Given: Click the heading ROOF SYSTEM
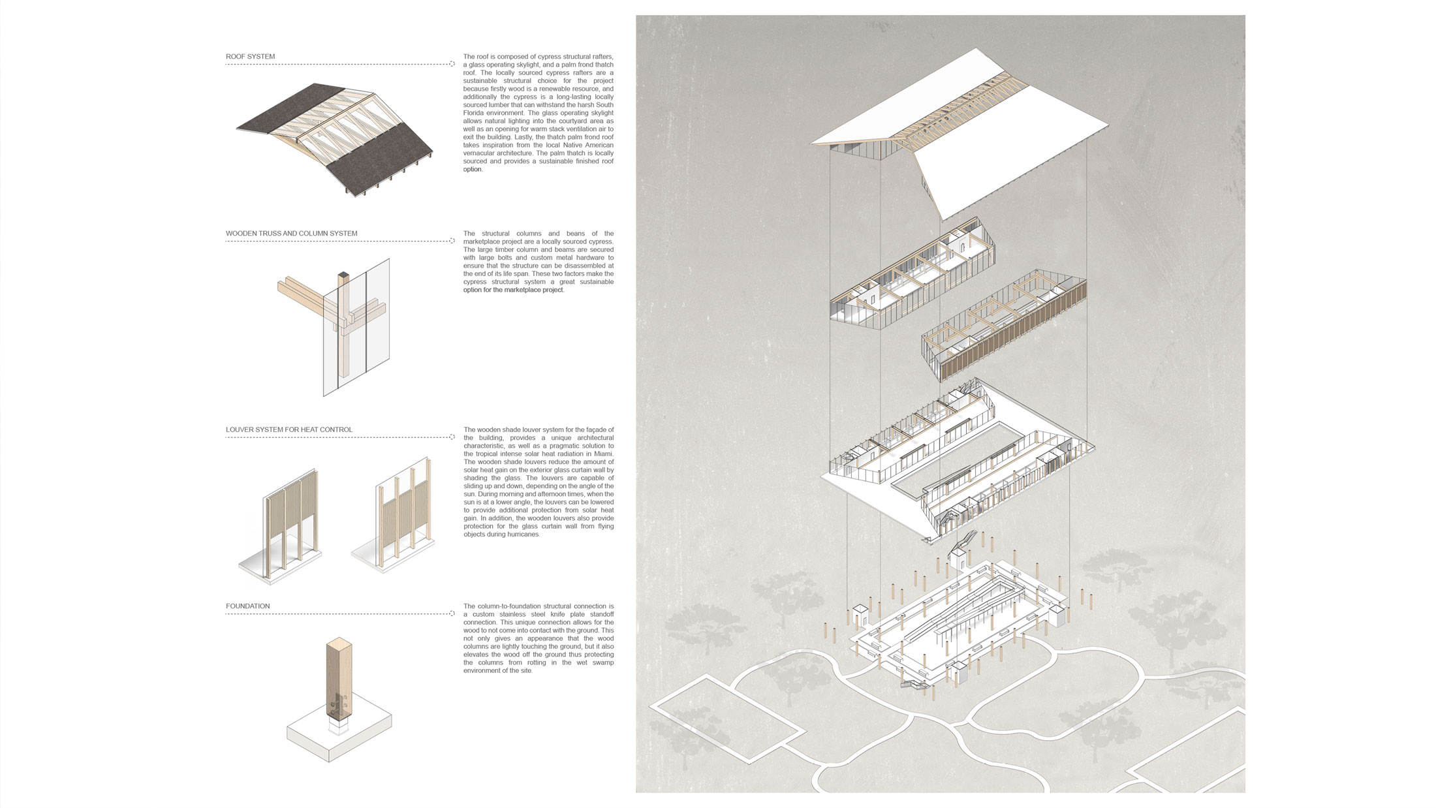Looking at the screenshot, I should pos(250,57).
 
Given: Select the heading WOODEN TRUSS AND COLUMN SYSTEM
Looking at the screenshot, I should pos(291,234).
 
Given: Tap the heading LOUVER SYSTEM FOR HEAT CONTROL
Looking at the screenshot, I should pos(289,430).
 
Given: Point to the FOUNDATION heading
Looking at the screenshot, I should pos(247,606).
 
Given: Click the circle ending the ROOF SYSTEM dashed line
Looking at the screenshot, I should pos(452,64).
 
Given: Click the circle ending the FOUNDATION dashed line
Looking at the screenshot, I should pos(452,614).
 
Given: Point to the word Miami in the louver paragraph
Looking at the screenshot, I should pos(605,454).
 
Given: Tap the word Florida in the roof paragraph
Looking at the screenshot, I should pos(474,113).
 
